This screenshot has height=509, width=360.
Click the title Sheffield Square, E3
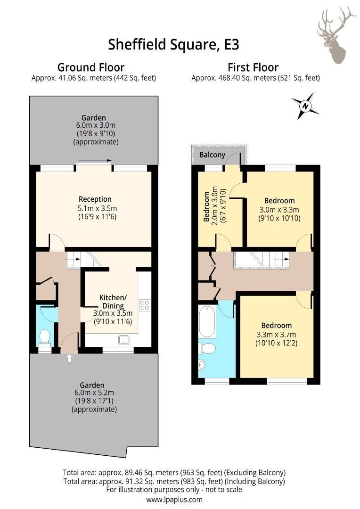point(173,44)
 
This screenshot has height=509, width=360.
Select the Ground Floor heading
point(91,67)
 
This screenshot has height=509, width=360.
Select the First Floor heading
point(253,67)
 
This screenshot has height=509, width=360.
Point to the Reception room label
point(95,199)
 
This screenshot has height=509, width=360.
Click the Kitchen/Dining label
point(113,302)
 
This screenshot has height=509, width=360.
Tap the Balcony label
point(212,155)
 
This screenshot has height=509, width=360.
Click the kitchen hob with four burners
point(145,305)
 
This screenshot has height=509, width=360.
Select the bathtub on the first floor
point(207,322)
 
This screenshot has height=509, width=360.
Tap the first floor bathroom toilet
point(207,348)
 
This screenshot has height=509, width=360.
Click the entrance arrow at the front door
point(69,358)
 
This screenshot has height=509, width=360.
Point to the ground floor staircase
point(85,259)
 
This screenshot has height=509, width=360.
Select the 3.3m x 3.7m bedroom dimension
point(276,334)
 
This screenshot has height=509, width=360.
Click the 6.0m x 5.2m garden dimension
point(92,393)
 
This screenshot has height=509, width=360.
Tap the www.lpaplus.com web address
point(174,500)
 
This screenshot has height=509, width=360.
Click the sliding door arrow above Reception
point(94,161)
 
